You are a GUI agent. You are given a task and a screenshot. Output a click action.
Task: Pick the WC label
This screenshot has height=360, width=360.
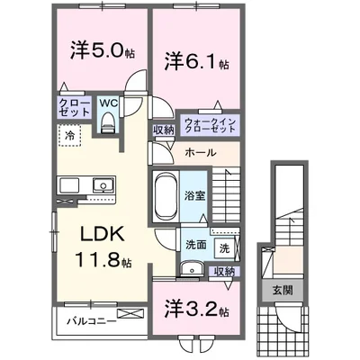(x=109, y=104)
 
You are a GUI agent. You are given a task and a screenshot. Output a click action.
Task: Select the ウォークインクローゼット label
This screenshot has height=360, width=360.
(x=211, y=125)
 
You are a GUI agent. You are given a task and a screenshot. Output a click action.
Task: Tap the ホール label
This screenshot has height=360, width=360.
(x=199, y=152)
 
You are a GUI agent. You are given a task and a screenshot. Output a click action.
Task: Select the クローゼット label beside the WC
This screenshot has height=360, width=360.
(x=74, y=109)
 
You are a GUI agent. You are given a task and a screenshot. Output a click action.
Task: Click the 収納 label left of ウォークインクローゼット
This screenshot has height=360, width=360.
(x=163, y=130)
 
